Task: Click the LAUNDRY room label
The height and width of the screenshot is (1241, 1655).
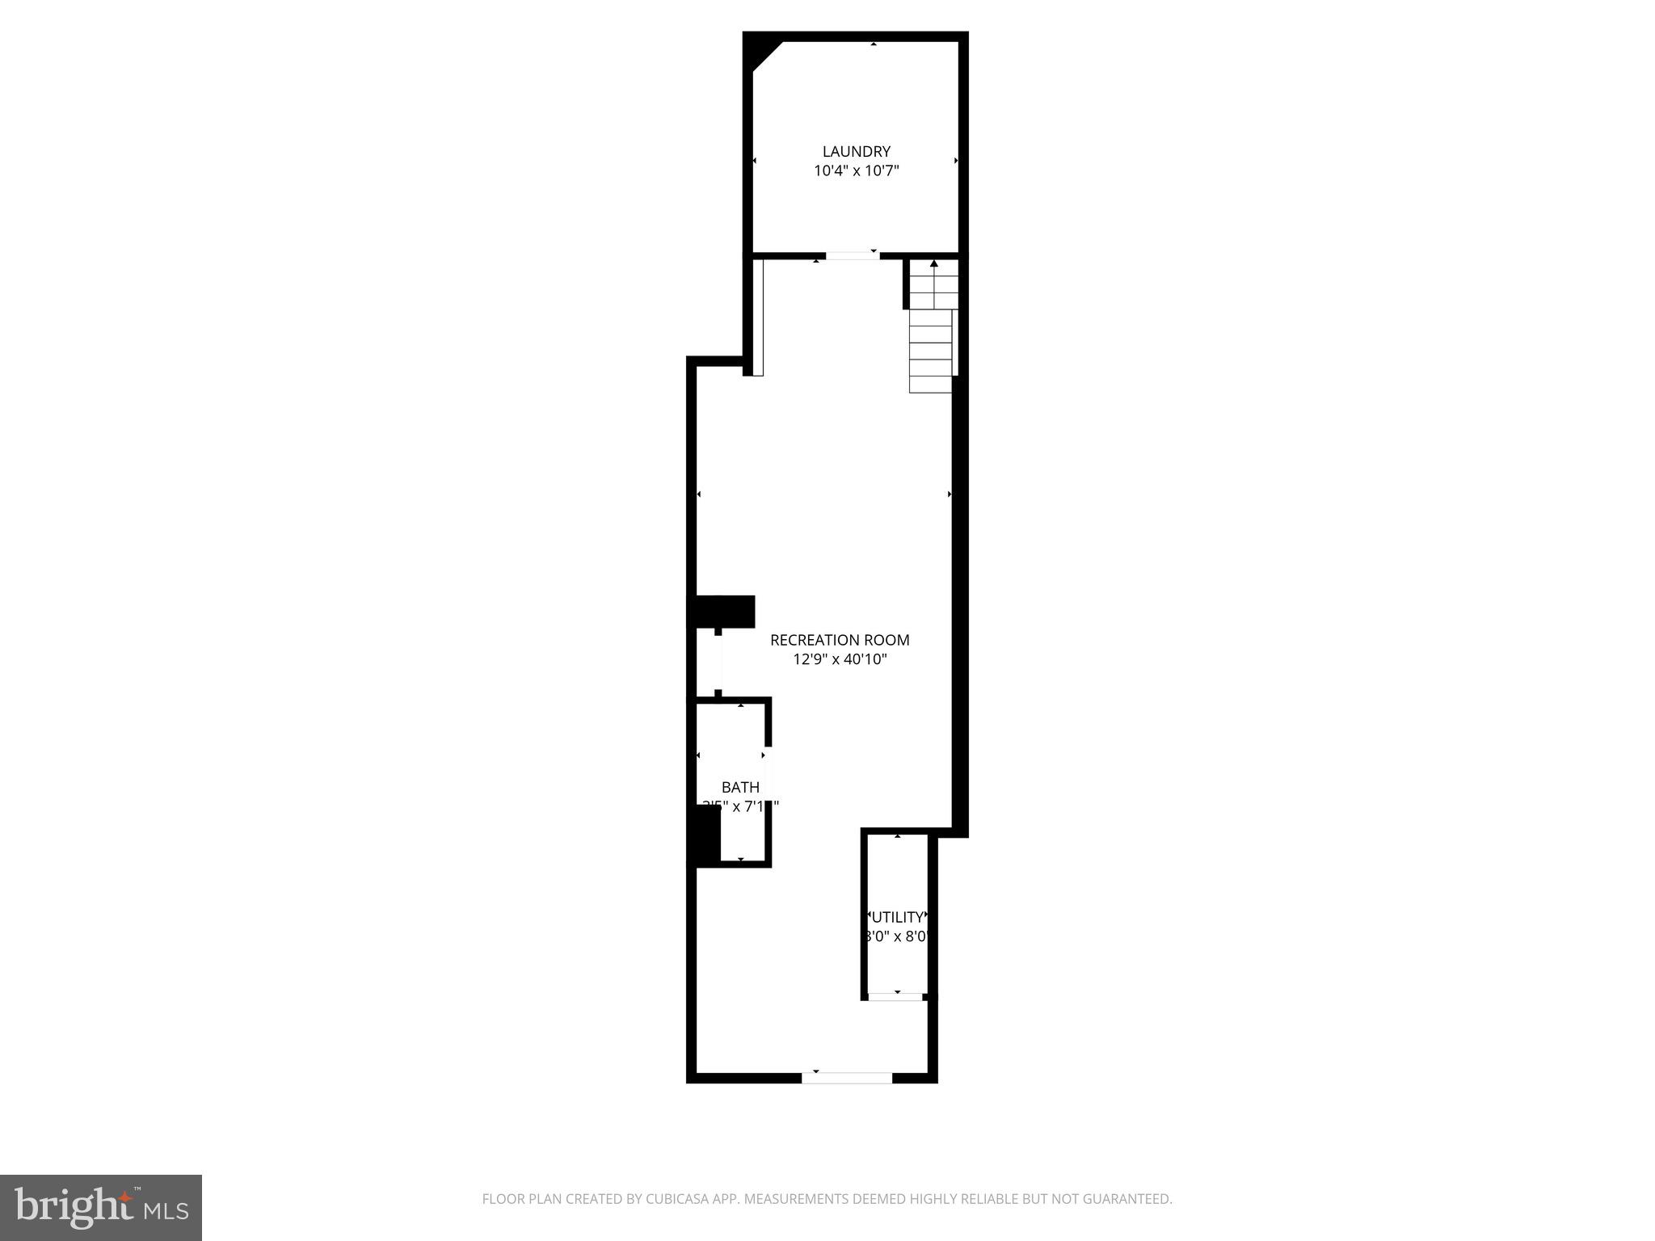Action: click(856, 151)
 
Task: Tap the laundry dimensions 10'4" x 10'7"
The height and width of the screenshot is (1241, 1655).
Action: click(856, 170)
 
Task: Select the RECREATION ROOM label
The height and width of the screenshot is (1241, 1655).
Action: click(840, 640)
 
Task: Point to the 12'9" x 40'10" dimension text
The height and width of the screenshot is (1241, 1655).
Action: click(840, 659)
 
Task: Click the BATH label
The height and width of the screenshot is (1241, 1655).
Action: click(740, 787)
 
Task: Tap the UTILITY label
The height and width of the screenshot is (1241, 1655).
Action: click(897, 917)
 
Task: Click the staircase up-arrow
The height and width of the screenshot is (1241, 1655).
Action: click(934, 264)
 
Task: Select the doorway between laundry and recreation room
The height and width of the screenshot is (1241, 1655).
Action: click(852, 255)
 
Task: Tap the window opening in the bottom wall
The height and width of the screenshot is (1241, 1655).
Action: click(847, 1077)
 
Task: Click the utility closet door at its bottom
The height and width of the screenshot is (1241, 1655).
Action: click(895, 996)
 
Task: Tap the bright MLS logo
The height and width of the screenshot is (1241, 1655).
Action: click(100, 1207)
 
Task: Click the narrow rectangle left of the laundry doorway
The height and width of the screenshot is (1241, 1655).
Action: click(758, 317)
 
